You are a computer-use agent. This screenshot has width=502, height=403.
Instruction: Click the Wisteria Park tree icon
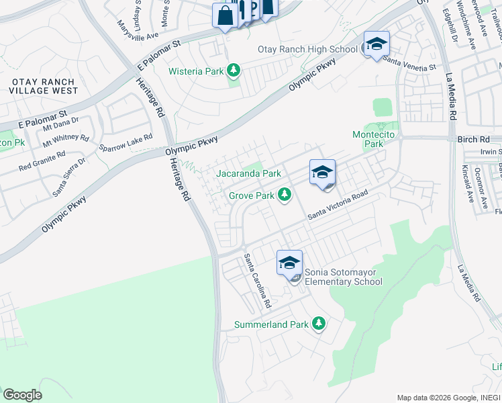[234, 70]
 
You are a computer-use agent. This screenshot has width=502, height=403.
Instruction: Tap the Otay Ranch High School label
[307, 49]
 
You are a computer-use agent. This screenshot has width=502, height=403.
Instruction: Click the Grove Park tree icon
[285, 195]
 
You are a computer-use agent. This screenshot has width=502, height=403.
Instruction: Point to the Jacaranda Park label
[248, 173]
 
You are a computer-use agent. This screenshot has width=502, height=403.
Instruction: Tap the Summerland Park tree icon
[319, 324]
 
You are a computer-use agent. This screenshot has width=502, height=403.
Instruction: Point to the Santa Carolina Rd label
[257, 281]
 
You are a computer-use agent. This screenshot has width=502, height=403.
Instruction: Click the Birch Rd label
[476, 139]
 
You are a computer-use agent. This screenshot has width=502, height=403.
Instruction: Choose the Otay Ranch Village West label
[42, 86]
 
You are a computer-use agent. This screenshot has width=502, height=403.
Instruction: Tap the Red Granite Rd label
[42, 159]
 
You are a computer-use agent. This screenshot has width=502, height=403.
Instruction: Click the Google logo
[22, 395]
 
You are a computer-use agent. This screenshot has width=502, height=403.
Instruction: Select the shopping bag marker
[223, 16]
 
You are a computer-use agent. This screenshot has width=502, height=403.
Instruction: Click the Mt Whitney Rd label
[66, 140]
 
